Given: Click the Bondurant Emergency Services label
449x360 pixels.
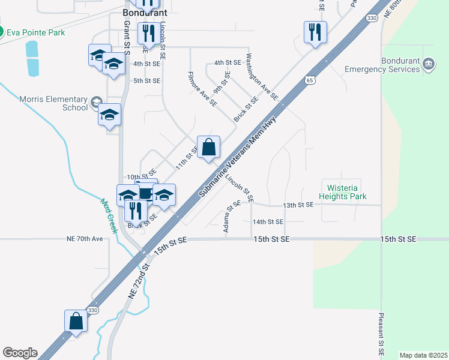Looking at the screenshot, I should point(382,65).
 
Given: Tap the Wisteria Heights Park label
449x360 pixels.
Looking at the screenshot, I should point(343,192).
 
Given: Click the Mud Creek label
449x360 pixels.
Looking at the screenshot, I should point(109,217).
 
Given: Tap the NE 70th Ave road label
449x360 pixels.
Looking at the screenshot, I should point(85,239).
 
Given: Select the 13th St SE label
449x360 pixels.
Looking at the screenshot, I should point(298,205).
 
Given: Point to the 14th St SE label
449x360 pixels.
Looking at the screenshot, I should point(268,222).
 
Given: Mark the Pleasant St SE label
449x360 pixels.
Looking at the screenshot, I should point(381,334).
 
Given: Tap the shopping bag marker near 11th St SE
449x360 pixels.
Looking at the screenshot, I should point(208,147).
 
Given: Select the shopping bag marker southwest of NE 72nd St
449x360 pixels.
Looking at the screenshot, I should point(76,320).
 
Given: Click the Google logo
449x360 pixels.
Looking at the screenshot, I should point(20,353).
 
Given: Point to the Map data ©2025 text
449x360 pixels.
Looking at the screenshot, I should point(423,355).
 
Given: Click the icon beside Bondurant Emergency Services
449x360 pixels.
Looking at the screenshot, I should point(429,63).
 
